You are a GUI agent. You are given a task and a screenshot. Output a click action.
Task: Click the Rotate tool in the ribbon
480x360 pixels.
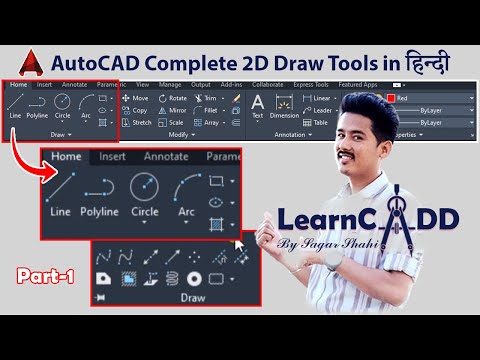173,99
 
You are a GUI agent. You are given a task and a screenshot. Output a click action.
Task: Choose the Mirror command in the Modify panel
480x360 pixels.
173,110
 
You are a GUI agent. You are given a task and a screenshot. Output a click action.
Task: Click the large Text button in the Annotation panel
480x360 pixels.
257,106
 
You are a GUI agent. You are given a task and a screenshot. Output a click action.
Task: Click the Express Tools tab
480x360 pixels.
313,85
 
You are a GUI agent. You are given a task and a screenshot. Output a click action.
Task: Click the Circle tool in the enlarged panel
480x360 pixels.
145,194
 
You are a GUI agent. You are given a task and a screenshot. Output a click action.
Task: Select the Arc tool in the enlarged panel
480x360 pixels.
186,194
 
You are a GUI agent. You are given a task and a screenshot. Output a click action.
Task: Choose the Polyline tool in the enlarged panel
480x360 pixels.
100,194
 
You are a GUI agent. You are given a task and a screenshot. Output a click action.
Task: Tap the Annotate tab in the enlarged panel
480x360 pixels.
165,156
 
